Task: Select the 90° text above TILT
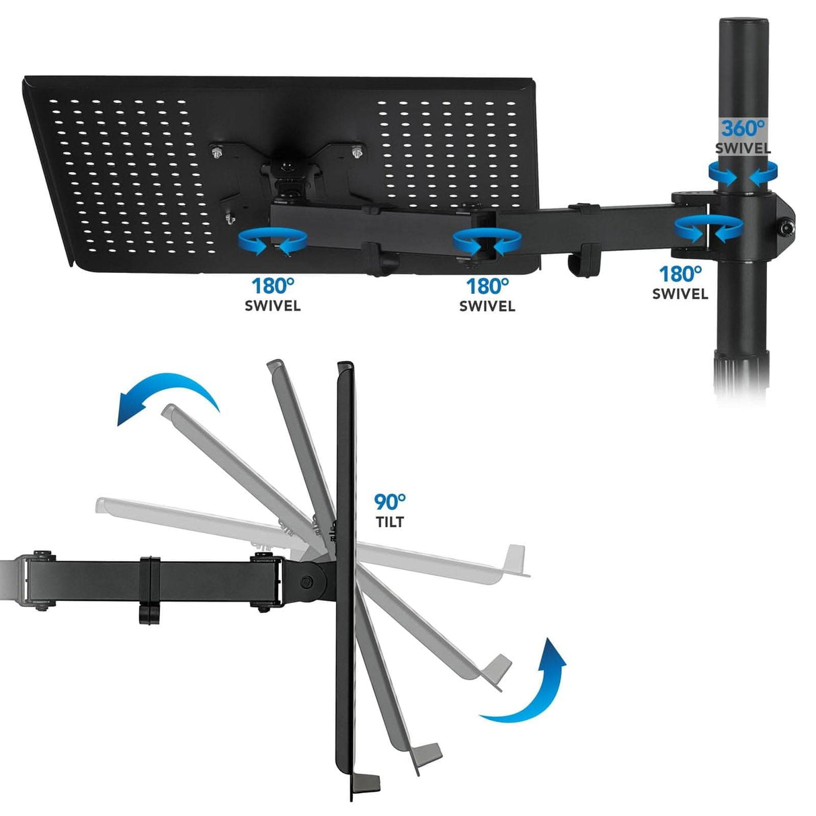[x=390, y=501]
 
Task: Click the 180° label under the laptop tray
[x=273, y=286]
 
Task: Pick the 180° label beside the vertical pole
[x=680, y=274]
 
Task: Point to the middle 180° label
[x=487, y=286]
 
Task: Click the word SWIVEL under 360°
[x=743, y=149]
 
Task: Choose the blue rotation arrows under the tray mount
[x=273, y=242]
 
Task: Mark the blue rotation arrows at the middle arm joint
[x=487, y=242]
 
